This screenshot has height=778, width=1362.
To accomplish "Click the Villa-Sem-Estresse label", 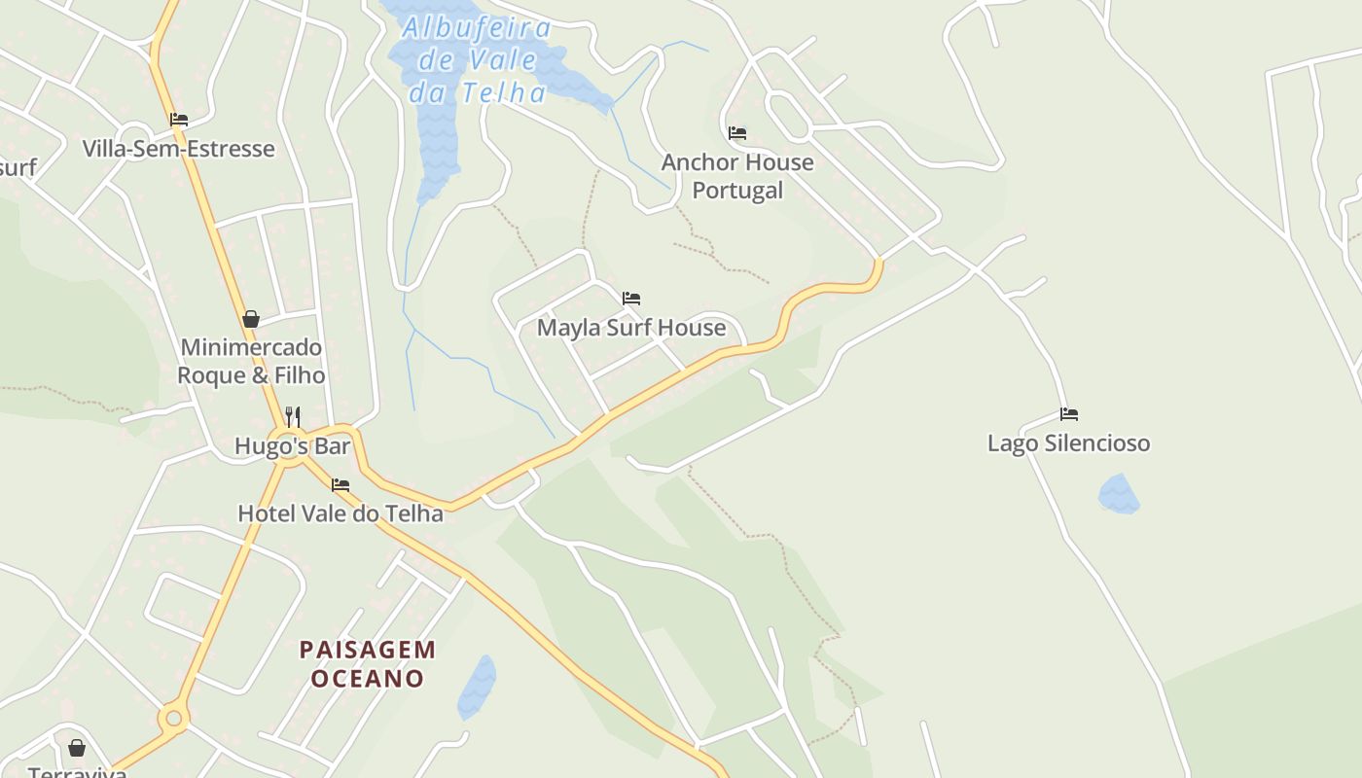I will pyautogui.click(x=178, y=149).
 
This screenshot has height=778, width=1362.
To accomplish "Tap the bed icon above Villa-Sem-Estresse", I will pyautogui.click(x=178, y=120).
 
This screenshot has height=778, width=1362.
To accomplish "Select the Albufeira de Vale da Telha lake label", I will pyautogui.click(x=477, y=60).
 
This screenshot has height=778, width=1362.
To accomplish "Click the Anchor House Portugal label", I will pyautogui.click(x=736, y=176).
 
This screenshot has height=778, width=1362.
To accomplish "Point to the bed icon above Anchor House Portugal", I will pyautogui.click(x=736, y=132).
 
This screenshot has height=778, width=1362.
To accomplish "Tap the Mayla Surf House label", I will pyautogui.click(x=631, y=328).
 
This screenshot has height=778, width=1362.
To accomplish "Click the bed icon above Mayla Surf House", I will pyautogui.click(x=631, y=299).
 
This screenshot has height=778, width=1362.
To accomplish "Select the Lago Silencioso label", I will pyautogui.click(x=1068, y=443).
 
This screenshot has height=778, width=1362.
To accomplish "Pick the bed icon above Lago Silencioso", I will pyautogui.click(x=1069, y=414).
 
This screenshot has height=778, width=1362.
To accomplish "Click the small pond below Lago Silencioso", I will pyautogui.click(x=1119, y=494).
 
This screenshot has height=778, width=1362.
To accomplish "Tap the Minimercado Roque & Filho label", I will pyautogui.click(x=251, y=361).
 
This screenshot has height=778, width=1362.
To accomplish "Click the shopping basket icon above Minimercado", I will pyautogui.click(x=251, y=319).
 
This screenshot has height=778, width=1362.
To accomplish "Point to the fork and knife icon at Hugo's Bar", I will pyautogui.click(x=292, y=417).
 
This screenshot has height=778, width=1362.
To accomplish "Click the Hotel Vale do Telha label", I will pyautogui.click(x=340, y=513).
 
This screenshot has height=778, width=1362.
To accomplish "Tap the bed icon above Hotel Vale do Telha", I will pyautogui.click(x=340, y=484).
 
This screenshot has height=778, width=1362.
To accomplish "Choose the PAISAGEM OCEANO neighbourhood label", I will pyautogui.click(x=368, y=663).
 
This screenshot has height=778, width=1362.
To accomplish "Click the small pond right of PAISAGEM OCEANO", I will pyautogui.click(x=477, y=687).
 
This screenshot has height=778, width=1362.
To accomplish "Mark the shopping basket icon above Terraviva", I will pyautogui.click(x=77, y=748).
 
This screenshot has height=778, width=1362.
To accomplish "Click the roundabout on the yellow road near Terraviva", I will pyautogui.click(x=174, y=719).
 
